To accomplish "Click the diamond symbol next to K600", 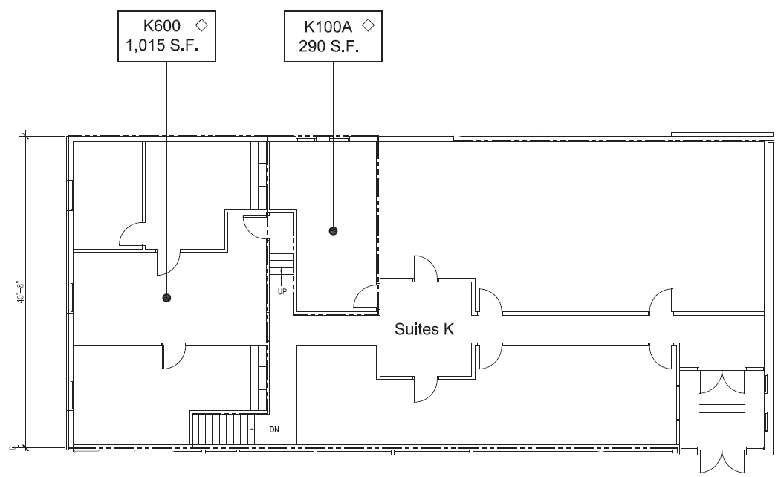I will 200,25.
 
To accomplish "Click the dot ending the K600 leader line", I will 166,298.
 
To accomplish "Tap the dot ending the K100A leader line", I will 333,231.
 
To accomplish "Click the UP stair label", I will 282,291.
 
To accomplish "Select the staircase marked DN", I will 220,430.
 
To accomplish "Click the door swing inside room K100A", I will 366,297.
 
